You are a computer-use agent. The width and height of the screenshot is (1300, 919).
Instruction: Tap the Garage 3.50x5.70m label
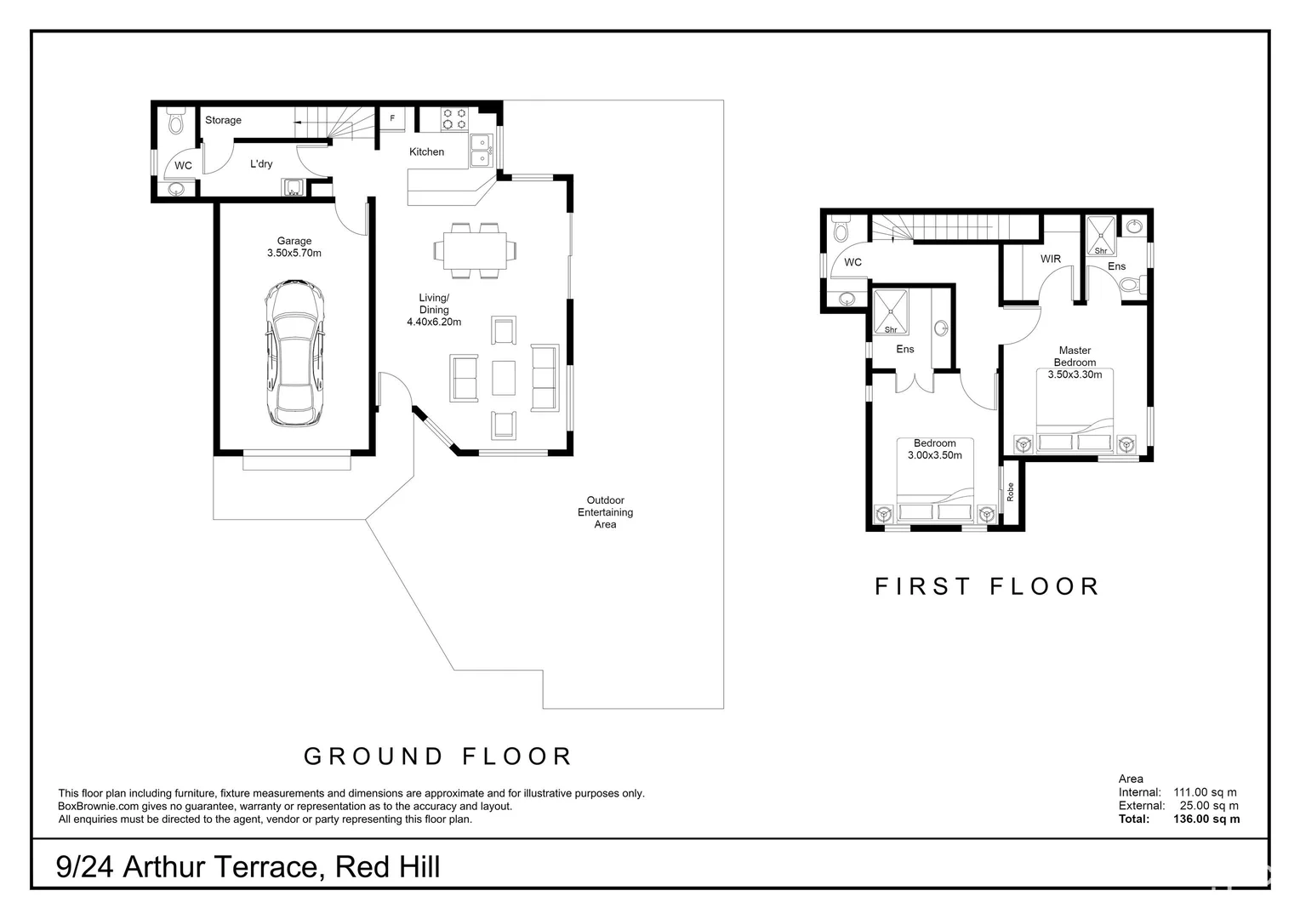294,247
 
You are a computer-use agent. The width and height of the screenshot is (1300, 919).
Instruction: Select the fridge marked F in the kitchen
392,119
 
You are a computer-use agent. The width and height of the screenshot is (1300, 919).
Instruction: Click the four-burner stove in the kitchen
454,119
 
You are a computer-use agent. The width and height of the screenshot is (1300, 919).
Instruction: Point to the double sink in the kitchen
481,151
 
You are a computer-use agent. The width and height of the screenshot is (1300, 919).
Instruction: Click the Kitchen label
426,151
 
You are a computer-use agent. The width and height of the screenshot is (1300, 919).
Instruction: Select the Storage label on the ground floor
223,120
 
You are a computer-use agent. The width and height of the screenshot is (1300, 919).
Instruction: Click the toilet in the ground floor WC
176,122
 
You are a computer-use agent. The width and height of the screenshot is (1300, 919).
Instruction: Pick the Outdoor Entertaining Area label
605,512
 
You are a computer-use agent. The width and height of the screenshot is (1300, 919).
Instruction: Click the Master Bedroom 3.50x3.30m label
1075,362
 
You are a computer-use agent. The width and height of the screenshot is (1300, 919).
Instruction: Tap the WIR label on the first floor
1051,259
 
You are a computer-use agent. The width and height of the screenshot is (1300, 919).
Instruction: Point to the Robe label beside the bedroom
1011,491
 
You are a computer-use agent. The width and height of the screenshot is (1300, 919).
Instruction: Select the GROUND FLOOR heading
438,756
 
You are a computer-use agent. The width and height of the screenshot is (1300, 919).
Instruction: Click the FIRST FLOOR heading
987,586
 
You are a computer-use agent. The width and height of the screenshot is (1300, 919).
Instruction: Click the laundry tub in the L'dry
294,187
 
